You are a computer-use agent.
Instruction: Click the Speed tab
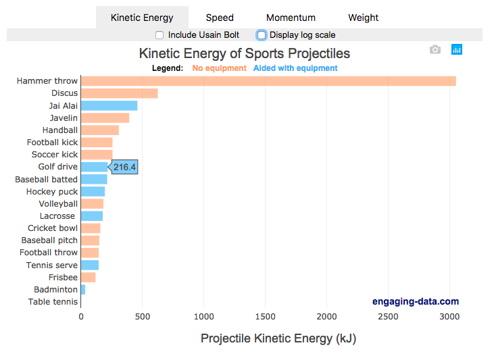220,18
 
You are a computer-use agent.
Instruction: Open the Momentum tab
291,18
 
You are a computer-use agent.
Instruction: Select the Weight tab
364,18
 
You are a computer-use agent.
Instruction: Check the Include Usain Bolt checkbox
159,35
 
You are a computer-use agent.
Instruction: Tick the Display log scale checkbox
262,35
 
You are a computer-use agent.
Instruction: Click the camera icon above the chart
435,49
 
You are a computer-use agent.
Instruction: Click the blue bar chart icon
457,49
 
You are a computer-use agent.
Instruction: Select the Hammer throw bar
268,81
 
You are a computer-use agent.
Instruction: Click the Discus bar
119,93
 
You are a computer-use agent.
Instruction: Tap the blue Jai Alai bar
109,105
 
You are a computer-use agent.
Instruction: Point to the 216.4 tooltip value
124,167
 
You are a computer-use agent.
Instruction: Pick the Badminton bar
83,289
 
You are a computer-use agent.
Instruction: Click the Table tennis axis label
53,302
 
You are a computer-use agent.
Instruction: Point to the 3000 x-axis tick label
449,315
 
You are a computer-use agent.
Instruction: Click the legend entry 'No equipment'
219,68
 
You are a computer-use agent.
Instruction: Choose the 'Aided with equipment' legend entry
295,68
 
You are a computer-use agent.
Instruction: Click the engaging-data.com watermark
415,301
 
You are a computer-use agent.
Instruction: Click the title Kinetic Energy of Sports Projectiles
245,53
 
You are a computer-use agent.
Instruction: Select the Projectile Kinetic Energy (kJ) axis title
278,338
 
